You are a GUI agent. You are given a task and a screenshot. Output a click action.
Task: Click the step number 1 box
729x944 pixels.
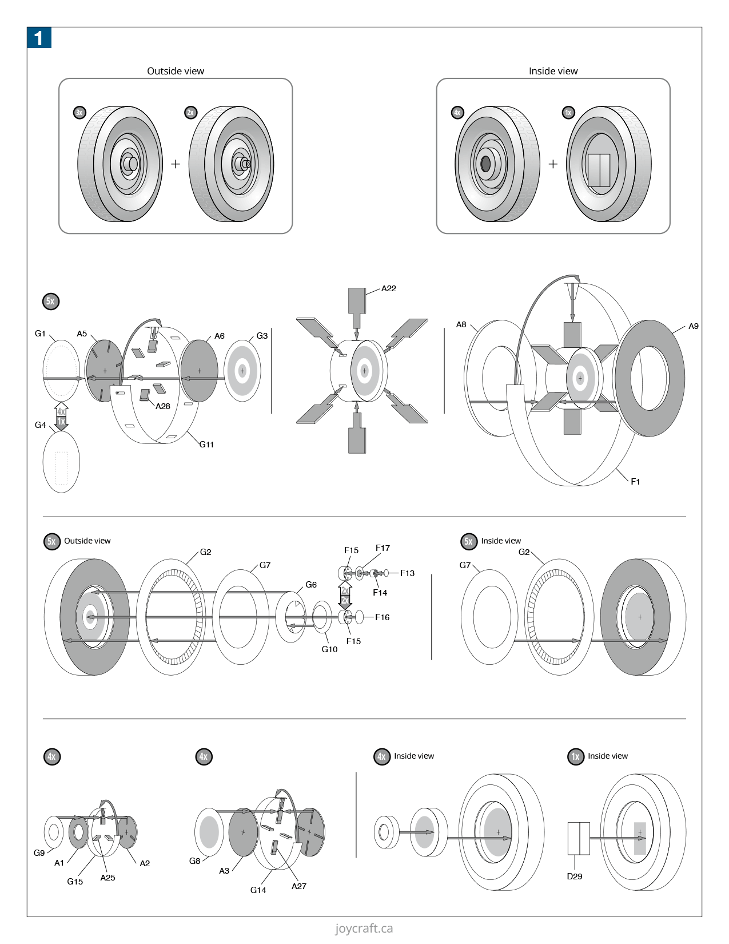click(39, 38)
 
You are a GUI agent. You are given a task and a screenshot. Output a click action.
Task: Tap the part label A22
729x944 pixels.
click(389, 288)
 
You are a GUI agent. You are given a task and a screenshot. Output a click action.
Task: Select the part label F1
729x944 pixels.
click(635, 482)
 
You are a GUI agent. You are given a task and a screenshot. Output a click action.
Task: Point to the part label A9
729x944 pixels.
click(693, 326)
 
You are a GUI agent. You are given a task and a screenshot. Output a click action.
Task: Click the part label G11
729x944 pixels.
click(206, 444)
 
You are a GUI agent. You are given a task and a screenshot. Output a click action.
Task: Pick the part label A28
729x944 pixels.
click(163, 406)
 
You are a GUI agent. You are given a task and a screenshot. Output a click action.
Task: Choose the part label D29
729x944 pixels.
click(574, 876)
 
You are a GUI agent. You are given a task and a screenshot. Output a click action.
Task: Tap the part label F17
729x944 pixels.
click(383, 548)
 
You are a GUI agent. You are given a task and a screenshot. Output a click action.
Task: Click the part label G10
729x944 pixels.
click(329, 649)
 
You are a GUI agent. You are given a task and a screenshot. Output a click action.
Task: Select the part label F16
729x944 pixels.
click(382, 617)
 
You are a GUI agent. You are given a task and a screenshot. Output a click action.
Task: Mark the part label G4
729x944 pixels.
click(40, 425)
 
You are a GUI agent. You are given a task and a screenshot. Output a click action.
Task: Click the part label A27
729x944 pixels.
click(299, 886)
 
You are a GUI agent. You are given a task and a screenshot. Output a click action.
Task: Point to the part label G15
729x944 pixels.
click(75, 882)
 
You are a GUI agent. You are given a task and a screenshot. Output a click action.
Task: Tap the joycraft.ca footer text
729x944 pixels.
click(364, 929)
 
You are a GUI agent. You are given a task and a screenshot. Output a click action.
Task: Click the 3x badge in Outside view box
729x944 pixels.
click(79, 113)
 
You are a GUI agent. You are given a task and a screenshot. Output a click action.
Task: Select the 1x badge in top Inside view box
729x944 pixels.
click(568, 113)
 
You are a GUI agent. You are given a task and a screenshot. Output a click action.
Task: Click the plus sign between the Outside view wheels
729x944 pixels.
click(176, 164)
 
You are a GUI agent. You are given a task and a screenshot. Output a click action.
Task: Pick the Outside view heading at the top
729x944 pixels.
click(176, 71)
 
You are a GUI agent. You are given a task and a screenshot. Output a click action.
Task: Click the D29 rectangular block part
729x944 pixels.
click(579, 838)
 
